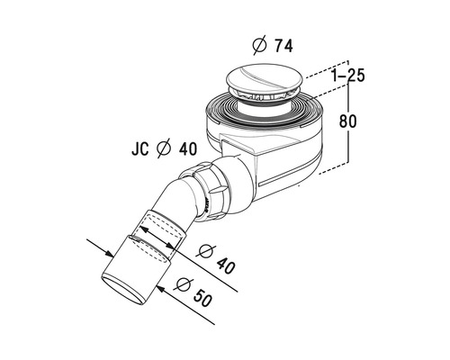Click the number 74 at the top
coord(283,46)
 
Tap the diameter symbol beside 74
coord(260,46)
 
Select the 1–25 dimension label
coord(348,76)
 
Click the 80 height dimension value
coord(348,121)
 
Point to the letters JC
coord(140,148)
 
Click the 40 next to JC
coord(188,148)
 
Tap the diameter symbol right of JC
coord(164,148)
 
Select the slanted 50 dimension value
coord(202,297)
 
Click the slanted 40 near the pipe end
coord(226,265)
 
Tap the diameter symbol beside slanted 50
coord(184,284)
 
